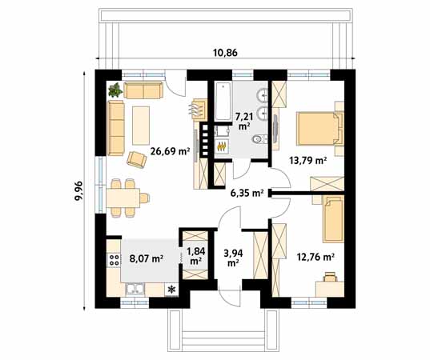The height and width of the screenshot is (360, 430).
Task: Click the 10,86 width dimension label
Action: coord(226,53)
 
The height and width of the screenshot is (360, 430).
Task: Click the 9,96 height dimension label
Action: coord(78,191)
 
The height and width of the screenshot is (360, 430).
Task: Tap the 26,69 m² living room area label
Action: coord(171,150)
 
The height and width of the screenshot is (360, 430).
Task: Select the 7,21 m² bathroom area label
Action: coord(244,122)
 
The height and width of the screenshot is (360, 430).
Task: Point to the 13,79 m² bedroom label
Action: coord(308,160)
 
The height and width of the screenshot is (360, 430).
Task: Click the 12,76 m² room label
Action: coord(315,257)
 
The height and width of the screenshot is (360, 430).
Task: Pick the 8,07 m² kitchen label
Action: coord(147,258)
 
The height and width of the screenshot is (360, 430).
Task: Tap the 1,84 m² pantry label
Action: coord(196,255)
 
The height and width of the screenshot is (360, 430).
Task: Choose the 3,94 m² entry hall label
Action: coord(233,258)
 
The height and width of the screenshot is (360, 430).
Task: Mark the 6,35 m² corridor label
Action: coord(247,193)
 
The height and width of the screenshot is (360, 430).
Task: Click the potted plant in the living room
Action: coord(115,90)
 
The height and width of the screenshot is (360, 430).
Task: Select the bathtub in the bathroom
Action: coord(223,101)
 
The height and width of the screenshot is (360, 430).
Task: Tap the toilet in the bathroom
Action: coord(258,139)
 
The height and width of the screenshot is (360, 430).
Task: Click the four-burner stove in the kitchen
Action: coord(114,259)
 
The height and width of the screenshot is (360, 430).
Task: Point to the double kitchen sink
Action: coord(135,290)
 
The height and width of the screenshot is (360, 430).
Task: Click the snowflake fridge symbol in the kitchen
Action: coord(171,290)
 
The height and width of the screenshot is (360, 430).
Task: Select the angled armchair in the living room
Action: coord(136,159)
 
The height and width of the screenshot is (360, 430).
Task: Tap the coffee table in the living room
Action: coord(141,126)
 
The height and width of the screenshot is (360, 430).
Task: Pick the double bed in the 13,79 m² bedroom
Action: coord(319,129)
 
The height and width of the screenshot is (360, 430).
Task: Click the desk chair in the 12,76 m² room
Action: coord(330,277)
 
